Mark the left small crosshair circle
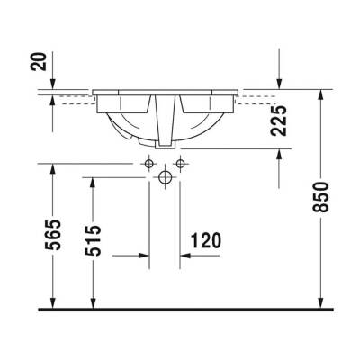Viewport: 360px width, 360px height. (x=148, y=164)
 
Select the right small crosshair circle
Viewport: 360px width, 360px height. (x=180, y=164)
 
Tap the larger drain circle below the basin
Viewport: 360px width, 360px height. (x=164, y=177)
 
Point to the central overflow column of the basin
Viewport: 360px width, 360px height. (x=164, y=121)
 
